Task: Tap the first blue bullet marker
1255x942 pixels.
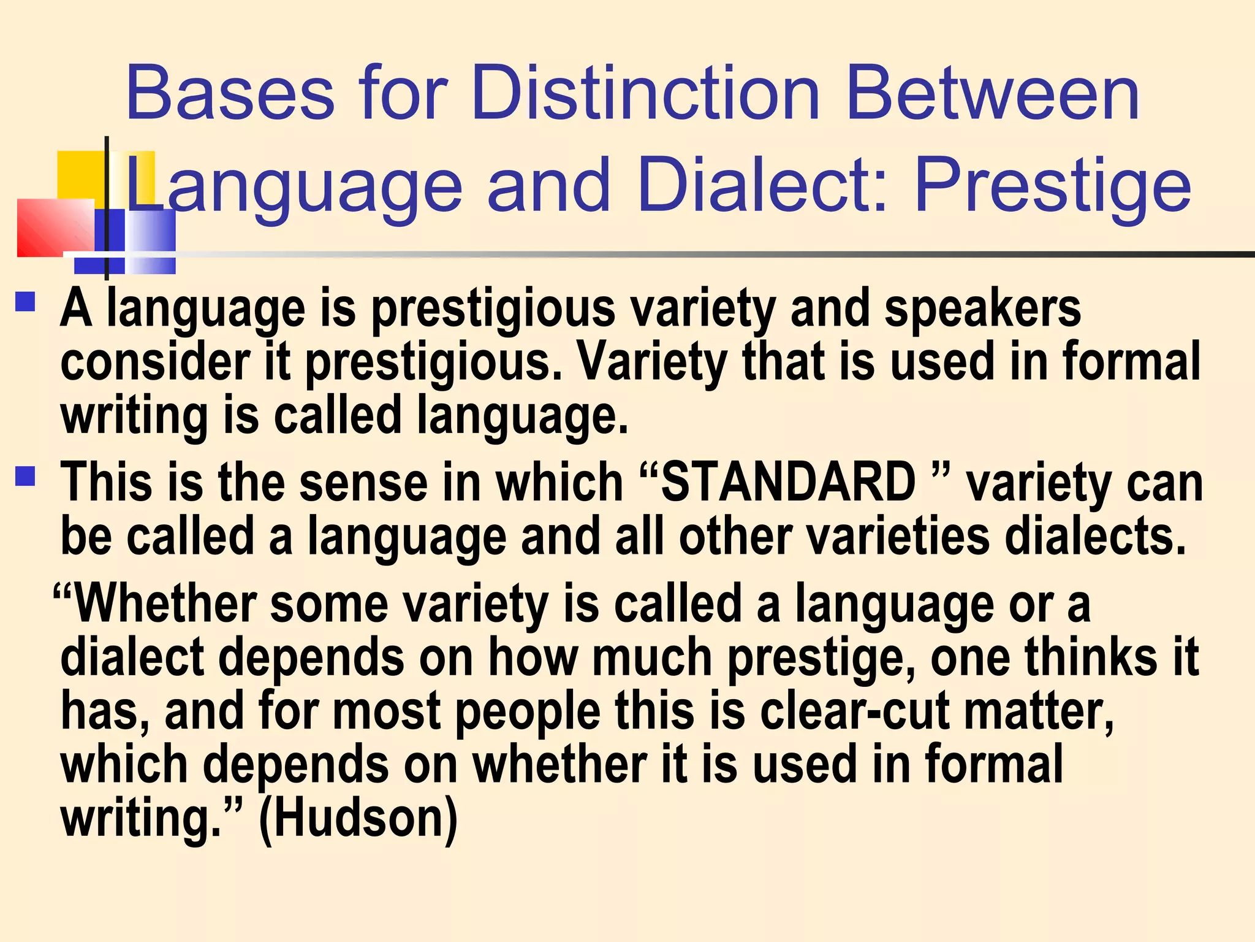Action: pos(26,302)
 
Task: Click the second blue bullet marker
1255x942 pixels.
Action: pos(26,476)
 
